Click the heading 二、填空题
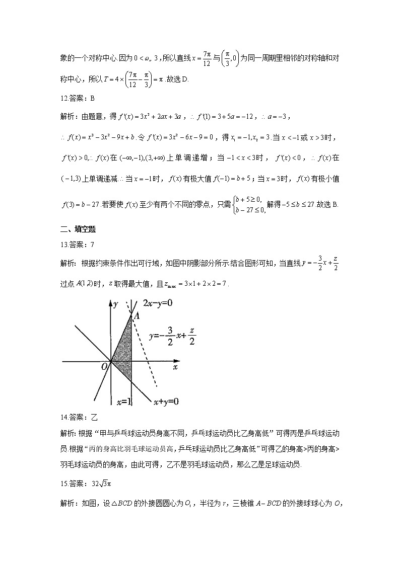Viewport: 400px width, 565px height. (78, 229)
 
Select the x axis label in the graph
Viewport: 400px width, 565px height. (175, 368)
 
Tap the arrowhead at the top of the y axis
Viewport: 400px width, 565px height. (110, 302)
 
